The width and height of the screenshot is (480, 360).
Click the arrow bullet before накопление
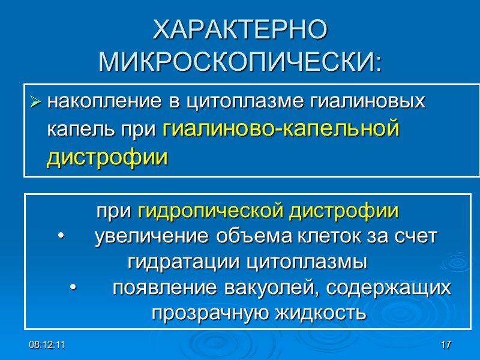click(x=35, y=103)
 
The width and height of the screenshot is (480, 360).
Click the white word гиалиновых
click(x=367, y=101)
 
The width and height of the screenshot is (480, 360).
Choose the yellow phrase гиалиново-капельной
click(x=281, y=130)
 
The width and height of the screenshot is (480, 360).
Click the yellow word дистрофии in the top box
click(x=107, y=158)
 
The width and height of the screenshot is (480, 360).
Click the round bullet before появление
click(x=73, y=289)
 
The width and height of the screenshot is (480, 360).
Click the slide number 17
click(x=445, y=346)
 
